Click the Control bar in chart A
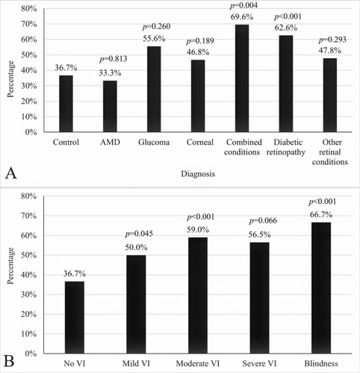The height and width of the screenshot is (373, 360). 66,104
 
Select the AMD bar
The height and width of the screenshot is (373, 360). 110,106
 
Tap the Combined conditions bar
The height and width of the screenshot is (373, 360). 242,78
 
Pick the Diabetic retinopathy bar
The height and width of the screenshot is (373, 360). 286,84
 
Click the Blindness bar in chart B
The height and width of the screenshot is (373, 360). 321,288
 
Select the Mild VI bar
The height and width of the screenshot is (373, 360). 136,304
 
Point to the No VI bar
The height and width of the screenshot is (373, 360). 75,317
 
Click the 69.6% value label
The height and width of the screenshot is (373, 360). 242,17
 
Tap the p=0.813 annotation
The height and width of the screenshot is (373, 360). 114,59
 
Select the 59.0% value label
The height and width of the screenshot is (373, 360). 198,230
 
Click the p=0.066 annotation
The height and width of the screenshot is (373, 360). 263,221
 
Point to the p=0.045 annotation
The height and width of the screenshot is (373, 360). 139,233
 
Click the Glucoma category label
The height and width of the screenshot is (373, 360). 154,142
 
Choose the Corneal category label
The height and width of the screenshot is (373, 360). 200,142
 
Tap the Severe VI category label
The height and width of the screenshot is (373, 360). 259,363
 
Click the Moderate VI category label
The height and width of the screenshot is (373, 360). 198,363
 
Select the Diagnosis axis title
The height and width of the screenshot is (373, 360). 198,174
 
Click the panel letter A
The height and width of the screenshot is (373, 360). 11,173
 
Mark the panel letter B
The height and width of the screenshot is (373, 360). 9,361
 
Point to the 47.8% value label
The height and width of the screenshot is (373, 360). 330,51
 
